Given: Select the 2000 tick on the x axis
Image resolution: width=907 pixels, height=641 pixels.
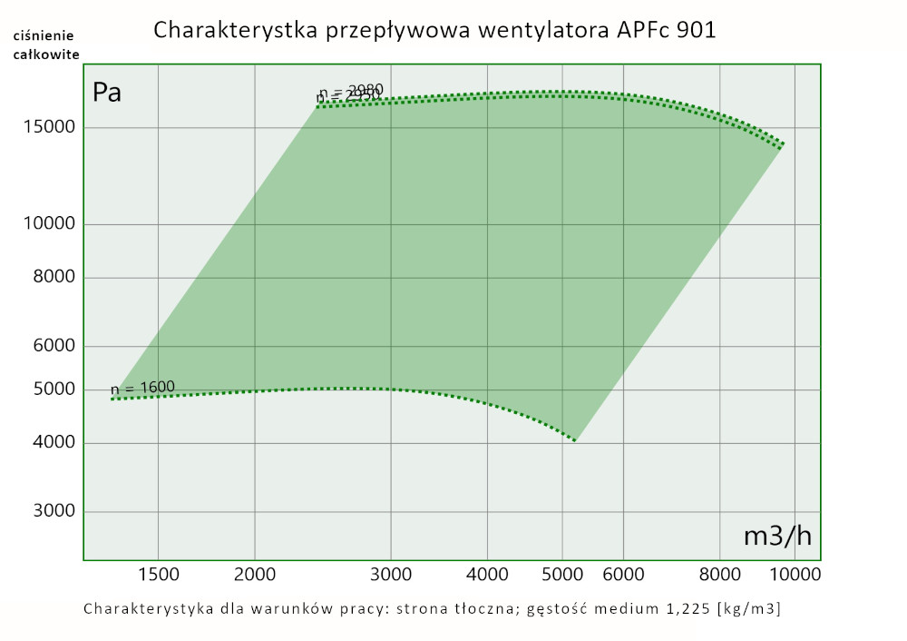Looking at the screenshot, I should [255, 574].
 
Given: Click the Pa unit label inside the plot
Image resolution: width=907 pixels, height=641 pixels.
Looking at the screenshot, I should [107, 93].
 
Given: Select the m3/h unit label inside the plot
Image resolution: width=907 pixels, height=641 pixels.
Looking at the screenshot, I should [777, 536].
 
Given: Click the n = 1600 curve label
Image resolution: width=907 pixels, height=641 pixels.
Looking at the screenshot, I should [143, 389].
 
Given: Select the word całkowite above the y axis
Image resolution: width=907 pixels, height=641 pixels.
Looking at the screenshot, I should [46, 54].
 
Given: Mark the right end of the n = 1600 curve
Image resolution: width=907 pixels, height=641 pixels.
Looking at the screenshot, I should [575, 440].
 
